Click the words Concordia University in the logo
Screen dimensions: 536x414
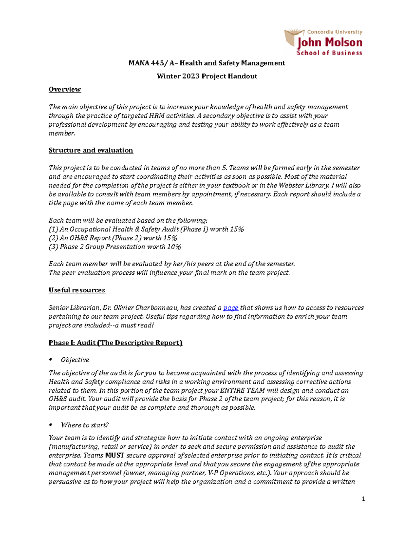click(334, 32)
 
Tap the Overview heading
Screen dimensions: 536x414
click(65, 89)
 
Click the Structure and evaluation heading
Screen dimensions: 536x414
click(91, 150)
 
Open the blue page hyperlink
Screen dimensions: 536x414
click(230, 308)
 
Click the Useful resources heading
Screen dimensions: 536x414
click(77, 290)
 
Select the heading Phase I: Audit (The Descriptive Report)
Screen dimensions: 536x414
click(115, 343)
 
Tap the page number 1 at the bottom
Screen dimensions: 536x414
click(363, 499)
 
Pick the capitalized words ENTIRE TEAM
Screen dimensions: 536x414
click(243, 391)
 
